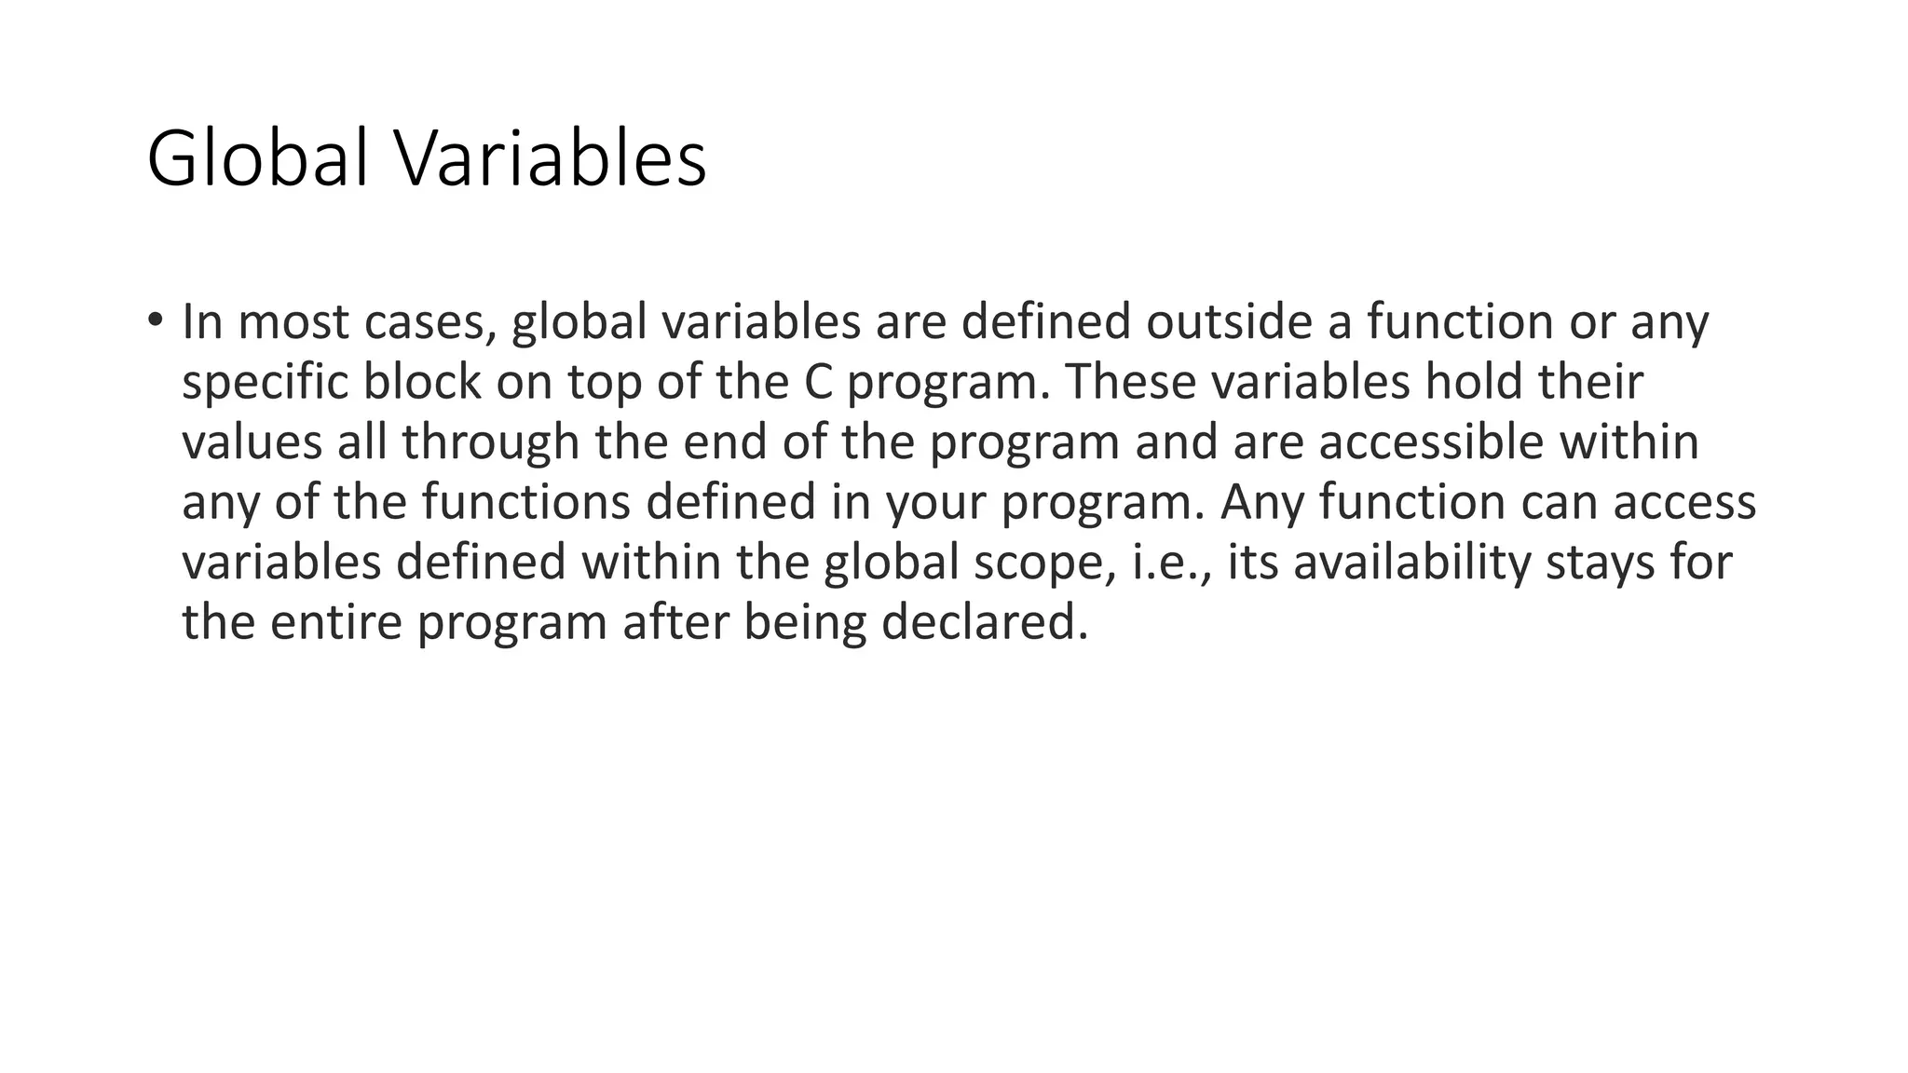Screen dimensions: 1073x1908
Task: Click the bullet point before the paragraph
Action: point(154,319)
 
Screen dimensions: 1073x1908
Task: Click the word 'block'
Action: point(421,382)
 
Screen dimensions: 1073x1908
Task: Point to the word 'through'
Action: point(491,442)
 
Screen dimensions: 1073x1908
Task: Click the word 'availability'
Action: point(1411,564)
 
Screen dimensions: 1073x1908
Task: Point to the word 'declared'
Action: point(984,622)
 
